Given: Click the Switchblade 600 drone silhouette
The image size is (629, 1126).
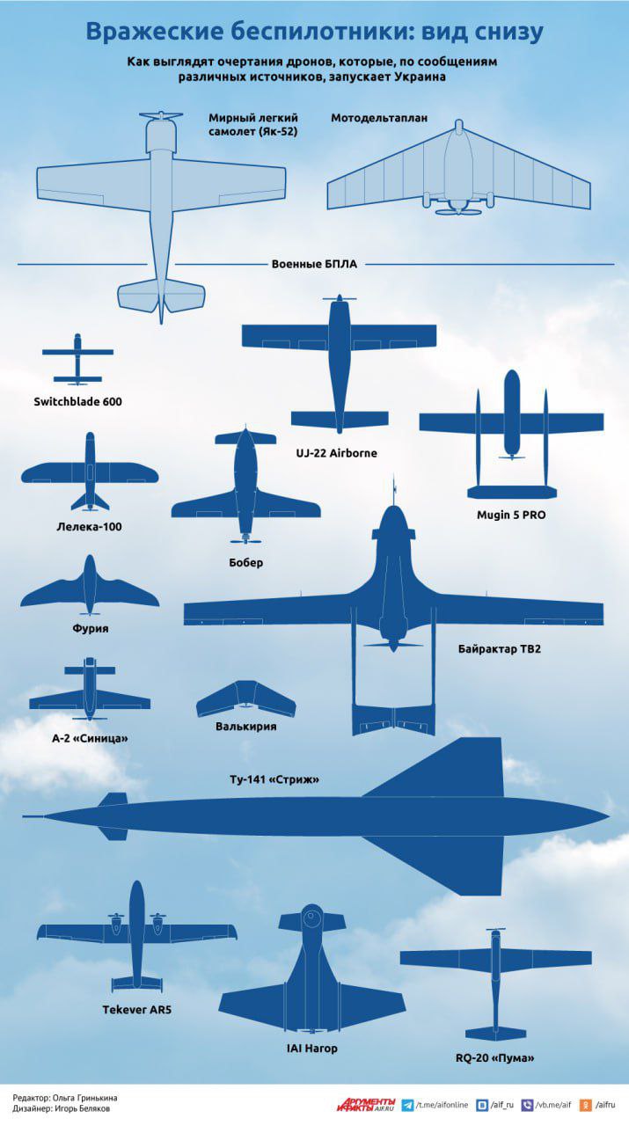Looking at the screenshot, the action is (77, 359).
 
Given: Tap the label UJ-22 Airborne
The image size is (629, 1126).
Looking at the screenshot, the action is (336, 453).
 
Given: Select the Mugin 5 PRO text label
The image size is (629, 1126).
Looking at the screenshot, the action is (511, 515).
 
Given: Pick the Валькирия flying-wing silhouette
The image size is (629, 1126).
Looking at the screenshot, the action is (245, 698).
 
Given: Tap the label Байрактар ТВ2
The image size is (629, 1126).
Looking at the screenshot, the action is (500, 648).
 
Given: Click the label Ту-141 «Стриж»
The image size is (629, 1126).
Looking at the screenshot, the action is (274, 779).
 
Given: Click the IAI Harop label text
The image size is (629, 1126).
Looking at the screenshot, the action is (311, 1048).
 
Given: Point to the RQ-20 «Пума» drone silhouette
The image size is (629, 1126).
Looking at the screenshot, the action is (496, 984).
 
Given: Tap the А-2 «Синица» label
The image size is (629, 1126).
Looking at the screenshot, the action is (90, 738).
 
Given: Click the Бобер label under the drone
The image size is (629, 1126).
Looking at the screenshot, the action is (245, 562).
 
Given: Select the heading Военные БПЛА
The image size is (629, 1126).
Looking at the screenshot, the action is (314, 264).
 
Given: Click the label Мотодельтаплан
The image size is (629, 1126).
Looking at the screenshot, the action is (379, 118).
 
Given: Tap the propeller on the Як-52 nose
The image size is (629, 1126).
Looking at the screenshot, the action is (161, 115).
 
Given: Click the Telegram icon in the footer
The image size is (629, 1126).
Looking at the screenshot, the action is (408, 1105).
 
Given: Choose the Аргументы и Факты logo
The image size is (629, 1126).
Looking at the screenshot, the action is (366, 1104).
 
